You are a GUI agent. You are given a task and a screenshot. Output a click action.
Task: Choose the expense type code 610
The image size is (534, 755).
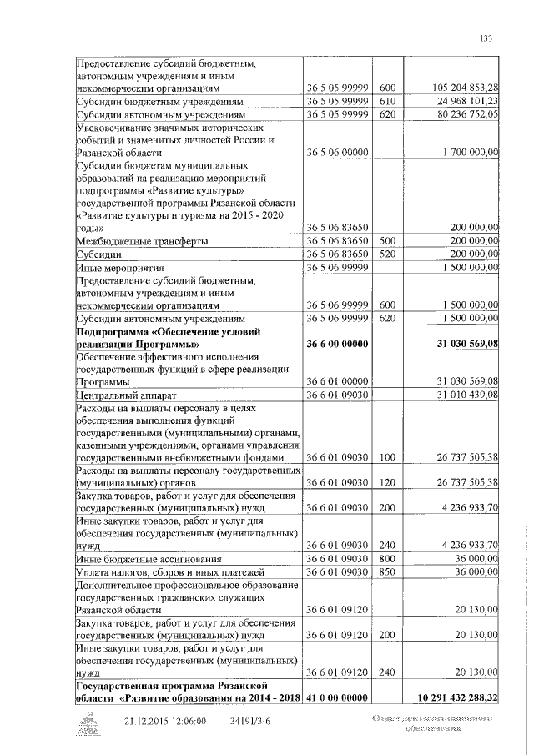[x=386, y=101]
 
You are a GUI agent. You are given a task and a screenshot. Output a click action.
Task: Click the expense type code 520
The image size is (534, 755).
[x=386, y=253]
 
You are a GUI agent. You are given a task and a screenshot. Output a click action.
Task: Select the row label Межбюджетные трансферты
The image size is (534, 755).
[x=141, y=240]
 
